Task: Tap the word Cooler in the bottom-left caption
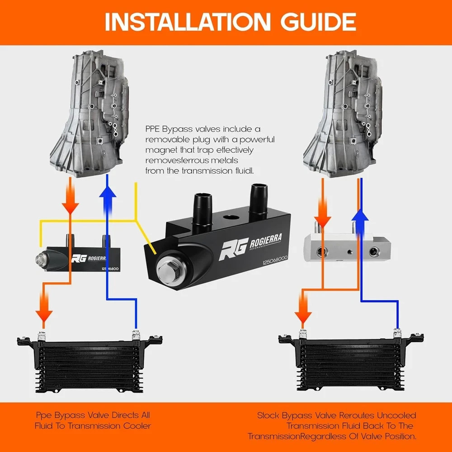[x=135, y=425]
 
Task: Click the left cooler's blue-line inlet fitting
[x=135, y=336]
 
